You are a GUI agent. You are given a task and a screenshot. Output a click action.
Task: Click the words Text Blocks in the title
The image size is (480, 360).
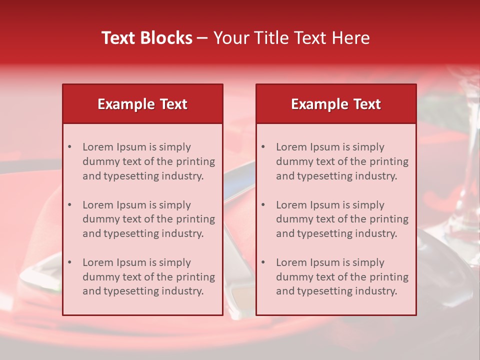click(x=147, y=38)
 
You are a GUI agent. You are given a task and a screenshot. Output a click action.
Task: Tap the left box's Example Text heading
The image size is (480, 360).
click(x=142, y=104)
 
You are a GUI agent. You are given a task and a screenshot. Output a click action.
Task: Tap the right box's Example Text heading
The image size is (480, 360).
click(x=336, y=104)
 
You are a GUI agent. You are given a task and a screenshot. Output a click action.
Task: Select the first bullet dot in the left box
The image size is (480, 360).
click(x=70, y=147)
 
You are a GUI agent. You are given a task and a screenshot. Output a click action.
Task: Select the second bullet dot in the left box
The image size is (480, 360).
click(x=70, y=205)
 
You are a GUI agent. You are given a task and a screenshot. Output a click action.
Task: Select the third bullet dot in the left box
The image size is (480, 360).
click(x=70, y=262)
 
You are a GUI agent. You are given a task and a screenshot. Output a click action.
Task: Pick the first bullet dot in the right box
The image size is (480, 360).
click(x=263, y=147)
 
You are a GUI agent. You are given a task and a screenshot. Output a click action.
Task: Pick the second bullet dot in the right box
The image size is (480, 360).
click(x=263, y=205)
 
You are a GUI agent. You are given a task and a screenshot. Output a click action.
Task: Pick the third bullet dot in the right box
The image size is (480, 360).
click(x=263, y=262)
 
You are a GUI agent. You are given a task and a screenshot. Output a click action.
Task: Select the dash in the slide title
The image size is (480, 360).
click(x=202, y=38)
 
